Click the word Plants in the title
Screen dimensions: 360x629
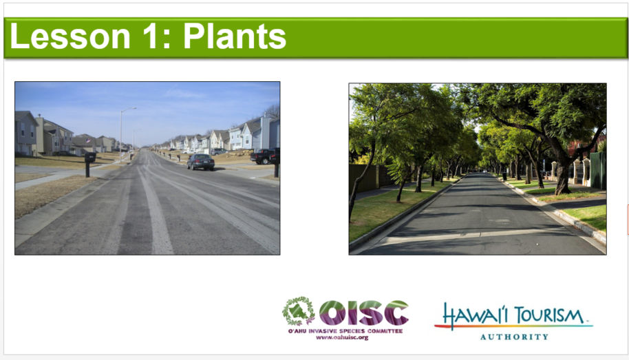(x=235, y=36)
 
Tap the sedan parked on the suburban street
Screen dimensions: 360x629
(x=200, y=161)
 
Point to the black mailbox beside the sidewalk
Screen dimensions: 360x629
(x=89, y=158)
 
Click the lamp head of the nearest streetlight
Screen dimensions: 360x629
(x=134, y=108)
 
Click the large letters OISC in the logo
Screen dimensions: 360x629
(x=363, y=313)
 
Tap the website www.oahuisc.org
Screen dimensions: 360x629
(x=342, y=337)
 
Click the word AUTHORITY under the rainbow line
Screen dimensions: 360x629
(x=514, y=337)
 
